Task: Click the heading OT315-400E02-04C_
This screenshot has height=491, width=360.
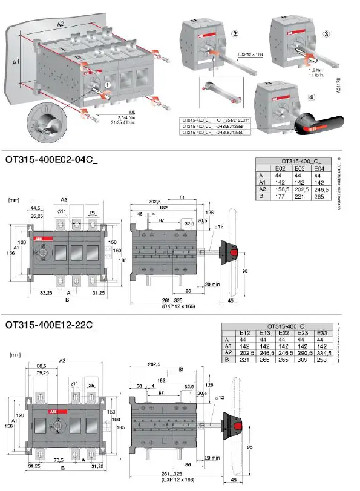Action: coord(51,160)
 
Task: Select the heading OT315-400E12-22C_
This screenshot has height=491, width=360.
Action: coord(51,324)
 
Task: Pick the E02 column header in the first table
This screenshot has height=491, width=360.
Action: coord(280,168)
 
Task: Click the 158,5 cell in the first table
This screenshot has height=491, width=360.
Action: coord(280,188)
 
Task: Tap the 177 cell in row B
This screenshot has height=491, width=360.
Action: coord(280,195)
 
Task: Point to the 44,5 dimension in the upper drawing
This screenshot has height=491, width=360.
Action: coord(36,209)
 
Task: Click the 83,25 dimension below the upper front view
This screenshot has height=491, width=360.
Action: coord(41,292)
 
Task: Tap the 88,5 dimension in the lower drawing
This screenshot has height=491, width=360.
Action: coord(42,366)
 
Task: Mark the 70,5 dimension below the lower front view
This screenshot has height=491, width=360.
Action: coord(59,460)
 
